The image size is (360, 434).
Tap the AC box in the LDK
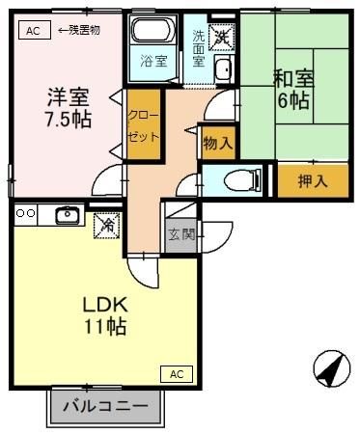click(x=177, y=373)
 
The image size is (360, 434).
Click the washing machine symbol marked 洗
click(x=221, y=37)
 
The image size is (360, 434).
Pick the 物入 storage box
click(x=217, y=143)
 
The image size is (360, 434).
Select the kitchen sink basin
click(x=68, y=215)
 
